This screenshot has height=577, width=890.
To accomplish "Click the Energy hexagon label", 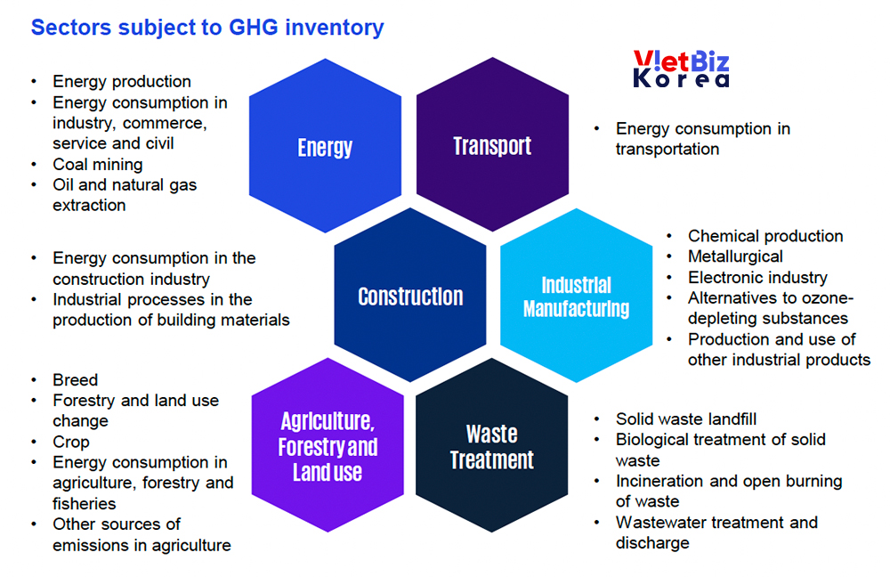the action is coord(325,148).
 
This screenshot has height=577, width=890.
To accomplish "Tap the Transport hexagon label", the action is coord(492,146).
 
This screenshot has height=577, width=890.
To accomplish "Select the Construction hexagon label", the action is coord(410,297).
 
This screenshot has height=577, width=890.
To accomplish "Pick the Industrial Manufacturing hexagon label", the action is coord(576,297).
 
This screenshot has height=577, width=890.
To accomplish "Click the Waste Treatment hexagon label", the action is coord(492,447).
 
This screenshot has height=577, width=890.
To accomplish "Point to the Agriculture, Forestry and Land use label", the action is coord(328,446).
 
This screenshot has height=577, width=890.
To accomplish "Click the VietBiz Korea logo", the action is coord(681,69).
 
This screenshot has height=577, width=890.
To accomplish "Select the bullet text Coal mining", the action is coord(98,164).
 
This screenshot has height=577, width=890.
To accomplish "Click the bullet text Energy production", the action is coord(122,81).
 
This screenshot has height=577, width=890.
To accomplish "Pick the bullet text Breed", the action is coord(76,379).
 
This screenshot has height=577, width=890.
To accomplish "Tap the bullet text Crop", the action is coord(71,442).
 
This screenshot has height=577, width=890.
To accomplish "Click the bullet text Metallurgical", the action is coord(736,256).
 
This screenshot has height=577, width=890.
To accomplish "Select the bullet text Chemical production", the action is coord(765,236).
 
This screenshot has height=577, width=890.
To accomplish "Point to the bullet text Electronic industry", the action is coord(757,277).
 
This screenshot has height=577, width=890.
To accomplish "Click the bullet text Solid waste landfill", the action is coord(686,419).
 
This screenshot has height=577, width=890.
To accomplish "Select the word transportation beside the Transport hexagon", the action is coord(667,149).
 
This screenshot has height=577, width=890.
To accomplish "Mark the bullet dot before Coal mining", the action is coord(34,164).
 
